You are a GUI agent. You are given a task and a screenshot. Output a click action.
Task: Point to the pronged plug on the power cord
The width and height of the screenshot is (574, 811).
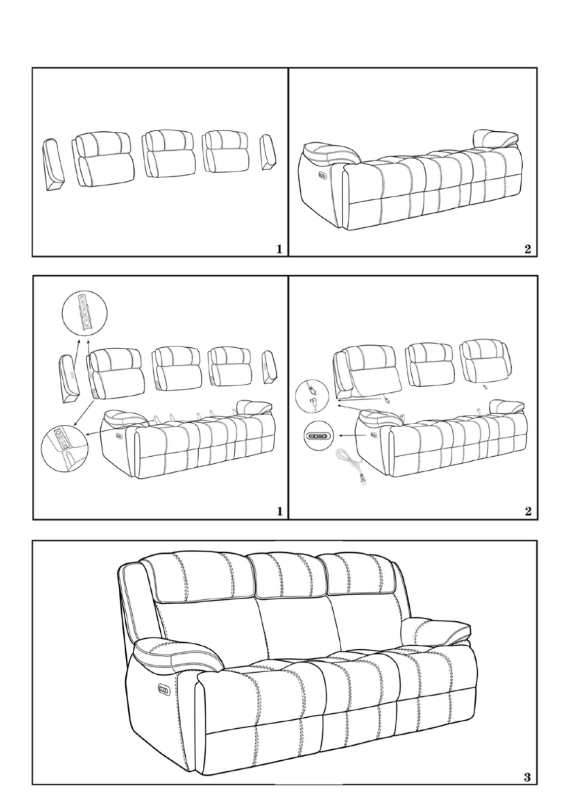(x=363, y=481)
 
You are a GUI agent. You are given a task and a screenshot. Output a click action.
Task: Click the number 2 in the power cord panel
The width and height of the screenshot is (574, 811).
(x=528, y=511)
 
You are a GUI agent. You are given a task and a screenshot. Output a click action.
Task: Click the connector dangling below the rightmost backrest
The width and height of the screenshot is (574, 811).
(x=485, y=387)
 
